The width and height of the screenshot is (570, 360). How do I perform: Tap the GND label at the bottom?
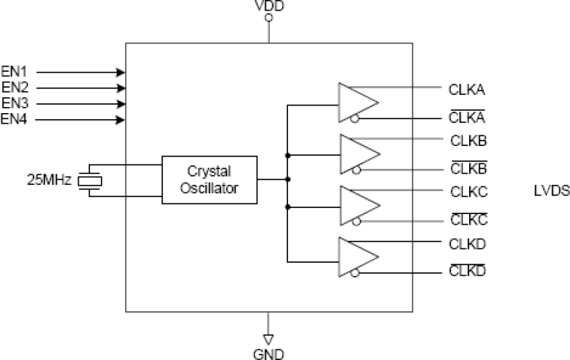click(268, 353)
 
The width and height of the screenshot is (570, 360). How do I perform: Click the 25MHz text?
click(50, 180)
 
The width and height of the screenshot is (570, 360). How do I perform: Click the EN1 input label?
click(15, 72)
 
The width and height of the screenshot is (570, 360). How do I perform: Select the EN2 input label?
click(15, 87)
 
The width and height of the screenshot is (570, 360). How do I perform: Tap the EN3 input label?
click(15, 103)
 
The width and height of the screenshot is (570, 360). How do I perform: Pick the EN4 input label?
click(15, 119)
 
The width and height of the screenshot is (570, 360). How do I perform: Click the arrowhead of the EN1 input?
click(121, 72)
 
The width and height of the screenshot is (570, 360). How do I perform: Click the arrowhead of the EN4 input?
click(121, 119)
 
